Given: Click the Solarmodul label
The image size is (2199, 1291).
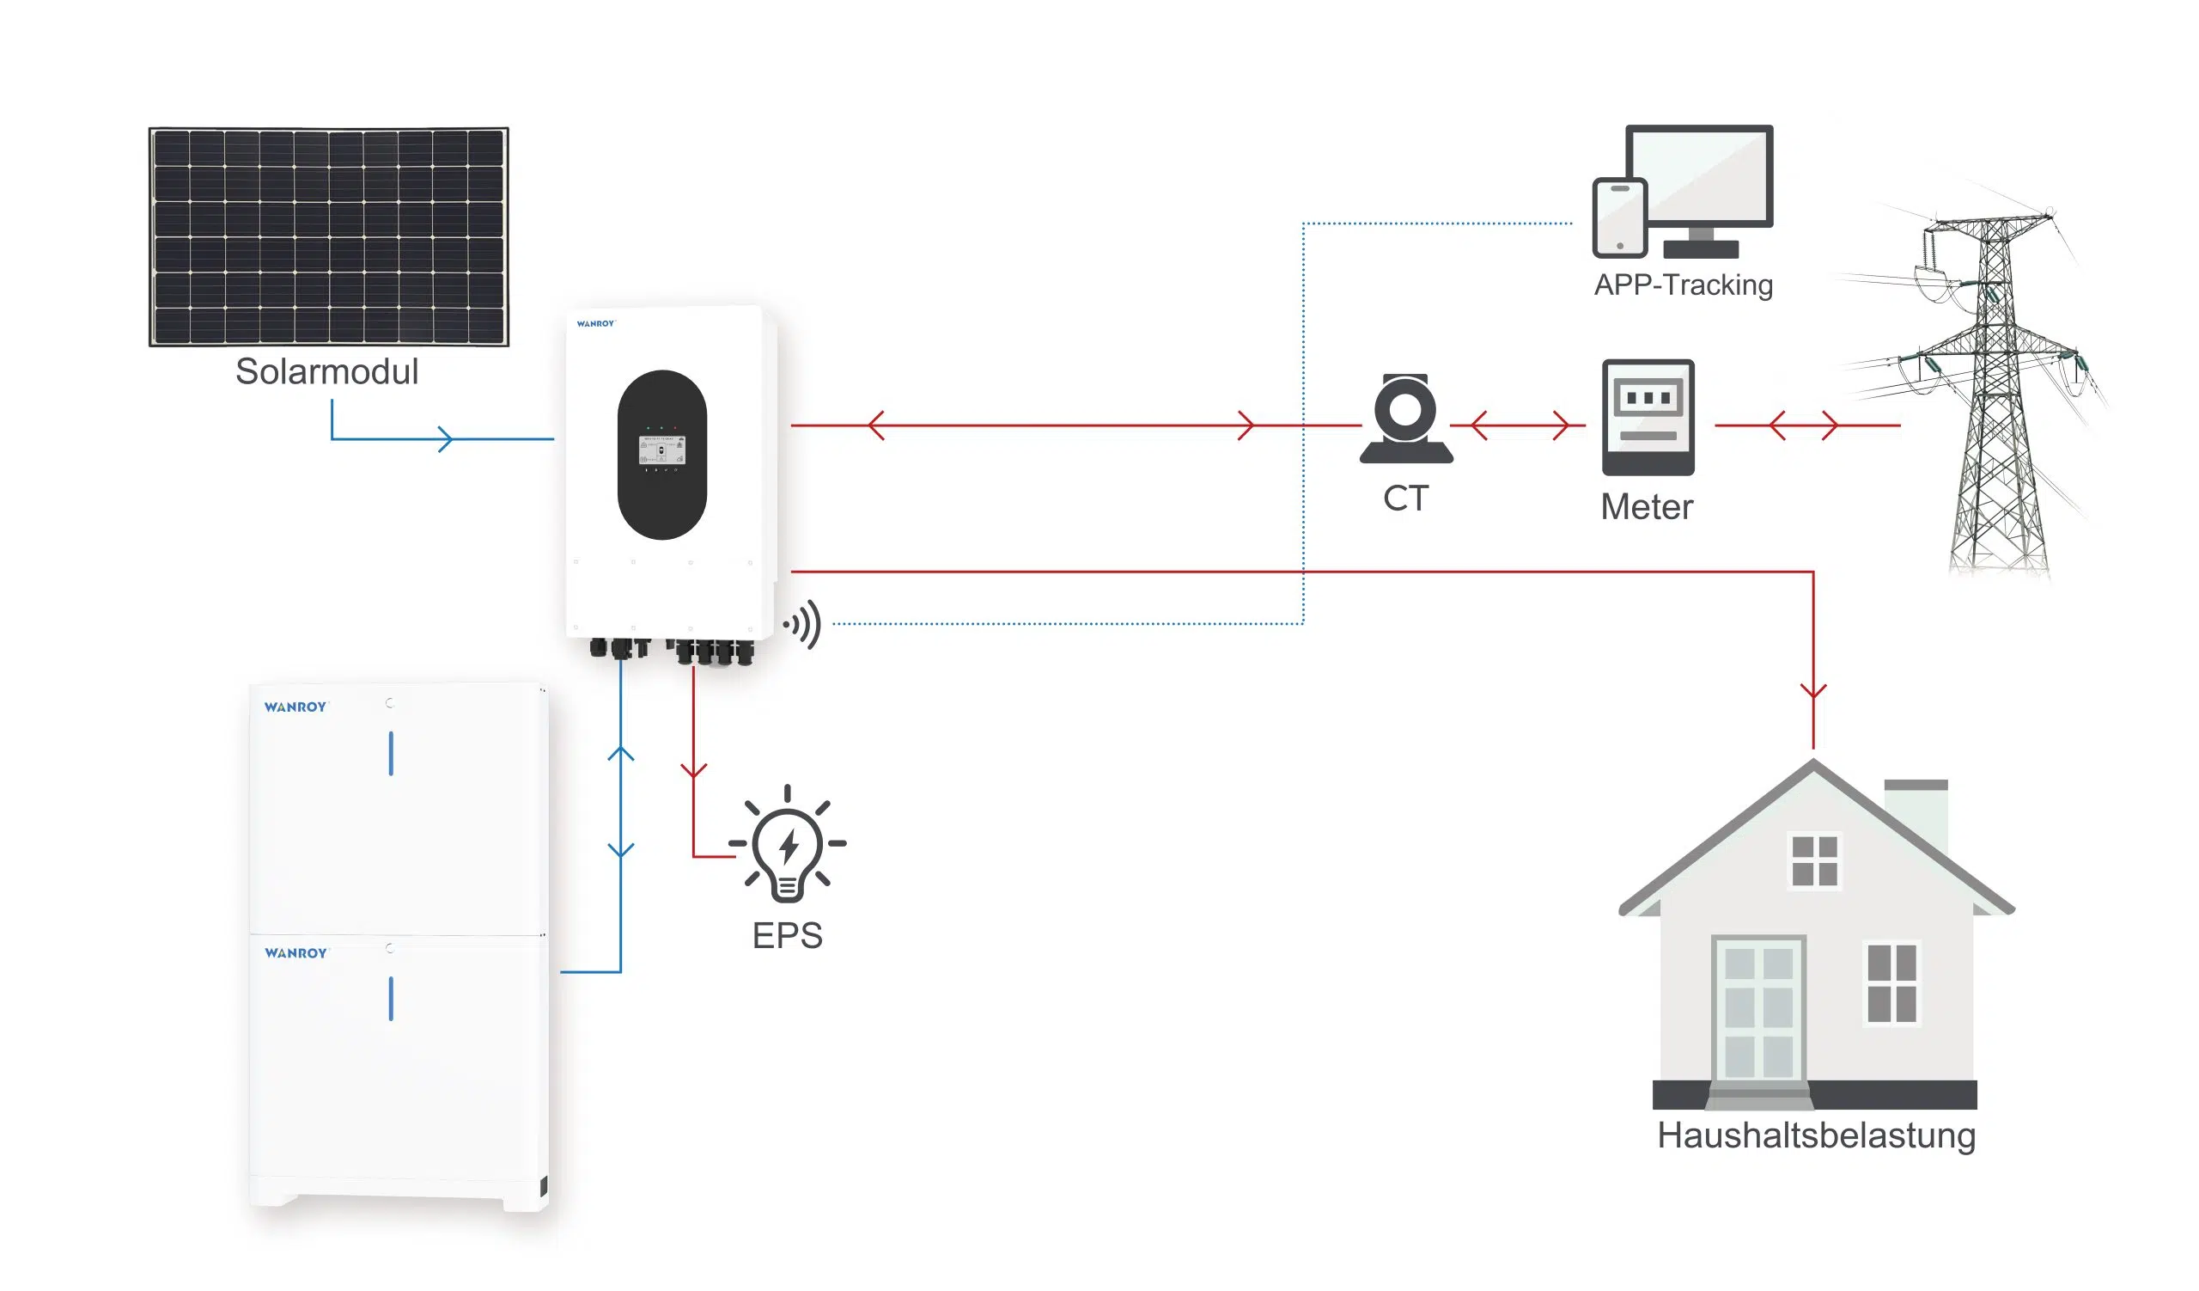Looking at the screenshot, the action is coord(327,372).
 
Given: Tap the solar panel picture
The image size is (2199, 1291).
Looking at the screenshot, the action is coord(329,236).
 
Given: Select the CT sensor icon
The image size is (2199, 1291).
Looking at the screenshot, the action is coord(1406,419).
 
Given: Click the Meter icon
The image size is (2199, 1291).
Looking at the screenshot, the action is coord(1648,417).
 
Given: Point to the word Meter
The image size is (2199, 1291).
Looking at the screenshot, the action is coord(1647,507).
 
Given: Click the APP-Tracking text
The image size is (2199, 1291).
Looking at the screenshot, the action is coord(1684,285).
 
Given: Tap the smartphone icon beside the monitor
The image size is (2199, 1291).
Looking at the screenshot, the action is coord(1619,217).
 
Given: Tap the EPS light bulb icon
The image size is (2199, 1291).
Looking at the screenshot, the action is coord(787,844).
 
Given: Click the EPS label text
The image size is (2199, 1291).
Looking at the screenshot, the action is coord(787,936).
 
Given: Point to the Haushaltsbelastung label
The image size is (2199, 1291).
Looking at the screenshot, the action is coord(1816,1135).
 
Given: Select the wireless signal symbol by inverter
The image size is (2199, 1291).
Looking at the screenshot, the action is coord(803,624).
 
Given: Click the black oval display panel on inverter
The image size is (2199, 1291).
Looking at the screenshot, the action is coord(662,455).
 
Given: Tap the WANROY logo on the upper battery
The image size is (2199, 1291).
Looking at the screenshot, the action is coord(295,707).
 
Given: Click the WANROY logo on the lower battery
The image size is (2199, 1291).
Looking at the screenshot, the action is coord(295,953).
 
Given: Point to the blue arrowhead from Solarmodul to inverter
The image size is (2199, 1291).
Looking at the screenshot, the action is coord(445,439).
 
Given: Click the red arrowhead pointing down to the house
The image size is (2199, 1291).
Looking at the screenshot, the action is coord(1813,690).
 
